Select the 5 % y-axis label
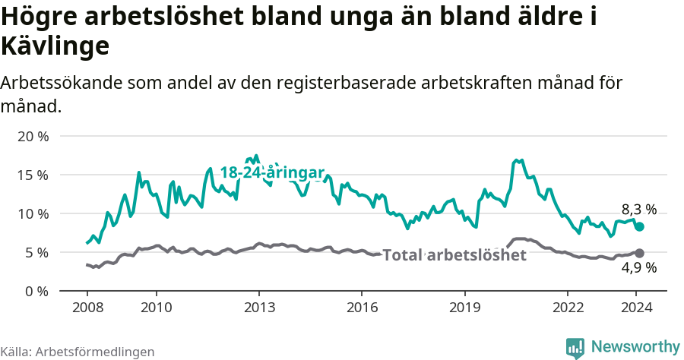36,253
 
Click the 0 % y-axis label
36,292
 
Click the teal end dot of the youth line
640,226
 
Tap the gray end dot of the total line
640,253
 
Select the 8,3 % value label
639,210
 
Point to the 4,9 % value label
639,267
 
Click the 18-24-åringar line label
272,173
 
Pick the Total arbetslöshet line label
454,255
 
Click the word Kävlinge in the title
55,46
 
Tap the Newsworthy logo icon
575,348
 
